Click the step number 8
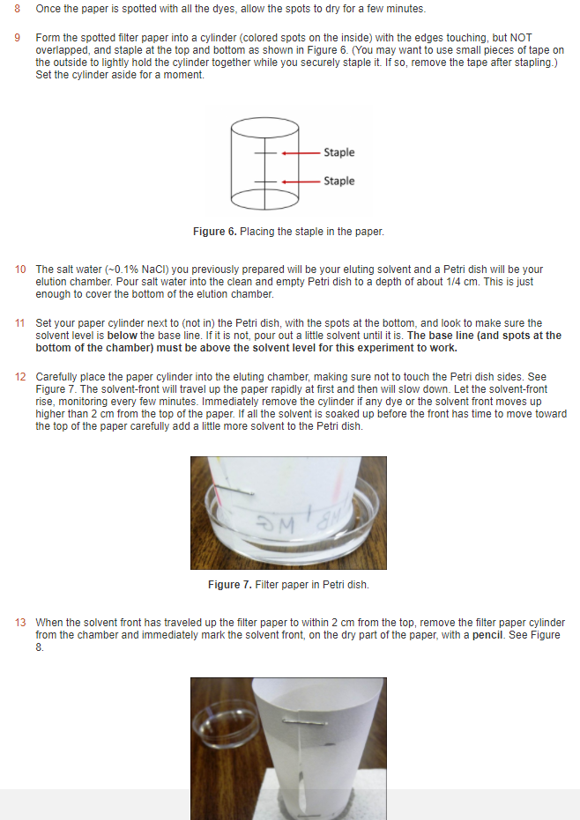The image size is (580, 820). coord(18,9)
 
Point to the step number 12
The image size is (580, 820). coord(20,377)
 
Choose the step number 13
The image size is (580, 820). coord(20,623)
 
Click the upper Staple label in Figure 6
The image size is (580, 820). coord(338,152)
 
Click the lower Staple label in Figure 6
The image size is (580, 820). coord(338,181)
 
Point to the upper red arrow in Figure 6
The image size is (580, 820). coord(300,153)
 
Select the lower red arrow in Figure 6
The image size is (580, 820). coord(300,181)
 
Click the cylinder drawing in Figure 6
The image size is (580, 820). coord(256,166)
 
